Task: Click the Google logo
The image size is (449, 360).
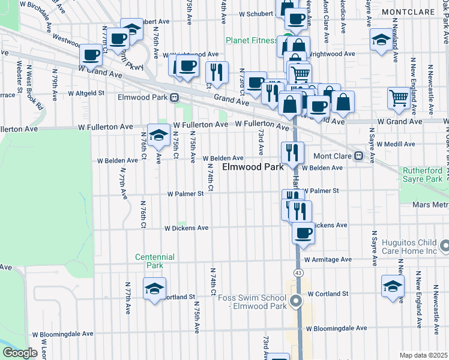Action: click(20, 353)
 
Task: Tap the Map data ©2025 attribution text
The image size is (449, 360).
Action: click(423, 355)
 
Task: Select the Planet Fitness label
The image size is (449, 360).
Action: click(252, 41)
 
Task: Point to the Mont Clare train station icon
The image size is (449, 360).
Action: click(358, 155)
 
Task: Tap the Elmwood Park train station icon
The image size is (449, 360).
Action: click(175, 97)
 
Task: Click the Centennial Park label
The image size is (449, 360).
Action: click(155, 261)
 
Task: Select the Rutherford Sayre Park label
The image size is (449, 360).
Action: click(422, 173)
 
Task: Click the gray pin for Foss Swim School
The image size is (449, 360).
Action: click(295, 301)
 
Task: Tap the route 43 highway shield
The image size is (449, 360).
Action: click(298, 273)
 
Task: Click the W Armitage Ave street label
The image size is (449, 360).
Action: click(328, 260)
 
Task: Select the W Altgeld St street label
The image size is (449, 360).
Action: click(86, 94)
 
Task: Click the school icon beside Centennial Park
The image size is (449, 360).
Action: click(154, 289)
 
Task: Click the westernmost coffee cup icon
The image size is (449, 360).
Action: click(91, 55)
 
